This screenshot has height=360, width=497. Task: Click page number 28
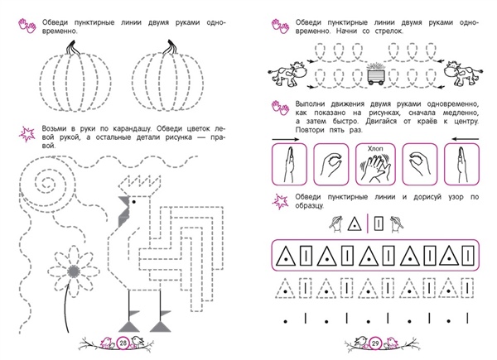tap(123, 343)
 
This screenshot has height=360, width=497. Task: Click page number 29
tap(375, 343)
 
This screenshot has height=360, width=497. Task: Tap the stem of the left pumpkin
tap(71, 47)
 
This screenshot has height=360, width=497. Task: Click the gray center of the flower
tap(74, 271)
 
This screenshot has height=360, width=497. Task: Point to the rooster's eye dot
tap(133, 202)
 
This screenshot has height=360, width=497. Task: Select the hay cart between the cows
tap(376, 74)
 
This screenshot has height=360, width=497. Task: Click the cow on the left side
tap(287, 74)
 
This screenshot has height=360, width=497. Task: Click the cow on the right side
tap(463, 74)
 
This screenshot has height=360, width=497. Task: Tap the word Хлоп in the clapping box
tap(375, 148)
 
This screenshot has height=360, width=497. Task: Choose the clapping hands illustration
tap(376, 167)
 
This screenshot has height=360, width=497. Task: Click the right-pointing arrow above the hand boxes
tap(285, 139)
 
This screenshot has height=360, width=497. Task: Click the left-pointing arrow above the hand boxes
tap(466, 139)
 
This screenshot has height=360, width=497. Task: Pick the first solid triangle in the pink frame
tap(286, 257)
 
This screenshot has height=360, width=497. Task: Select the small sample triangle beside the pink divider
tap(355, 223)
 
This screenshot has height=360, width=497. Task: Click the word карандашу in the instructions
tap(130, 128)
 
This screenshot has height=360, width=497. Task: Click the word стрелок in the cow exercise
tap(389, 31)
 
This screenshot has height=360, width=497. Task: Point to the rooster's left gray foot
tap(129, 326)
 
